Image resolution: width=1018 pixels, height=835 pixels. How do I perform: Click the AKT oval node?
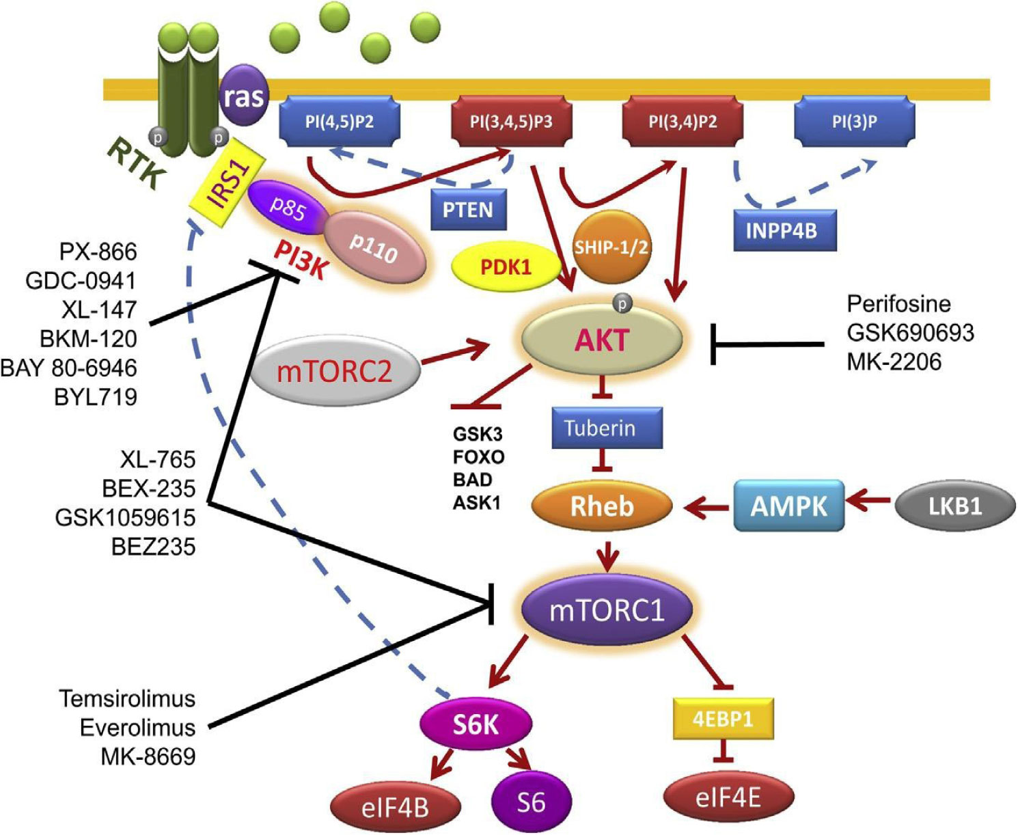click(x=602, y=340)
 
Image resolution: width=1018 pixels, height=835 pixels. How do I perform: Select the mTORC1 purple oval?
click(x=607, y=609)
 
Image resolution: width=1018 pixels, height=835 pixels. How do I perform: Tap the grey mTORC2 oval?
click(x=335, y=370)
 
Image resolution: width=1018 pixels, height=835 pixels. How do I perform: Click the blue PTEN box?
click(x=468, y=210)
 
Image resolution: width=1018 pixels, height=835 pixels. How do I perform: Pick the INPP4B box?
click(x=785, y=230)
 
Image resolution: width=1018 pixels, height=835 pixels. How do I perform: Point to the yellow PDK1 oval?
click(x=506, y=266)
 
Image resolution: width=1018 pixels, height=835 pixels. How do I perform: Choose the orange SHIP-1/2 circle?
click(x=610, y=247)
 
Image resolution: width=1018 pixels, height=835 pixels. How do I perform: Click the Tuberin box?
click(x=600, y=428)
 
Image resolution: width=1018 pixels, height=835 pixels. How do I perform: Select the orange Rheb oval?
click(x=602, y=506)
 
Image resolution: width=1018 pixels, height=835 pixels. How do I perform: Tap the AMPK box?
click(x=788, y=506)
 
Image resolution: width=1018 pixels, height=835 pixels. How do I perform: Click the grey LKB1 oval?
click(x=954, y=506)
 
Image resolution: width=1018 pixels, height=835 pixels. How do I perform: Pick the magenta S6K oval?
click(x=476, y=724)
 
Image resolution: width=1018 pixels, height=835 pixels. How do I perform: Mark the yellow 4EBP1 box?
click(x=723, y=719)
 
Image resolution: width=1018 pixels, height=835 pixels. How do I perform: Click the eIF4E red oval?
click(x=728, y=797)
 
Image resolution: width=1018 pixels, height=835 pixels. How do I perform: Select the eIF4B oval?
click(x=395, y=807)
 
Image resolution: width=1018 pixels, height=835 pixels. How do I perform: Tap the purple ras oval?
click(x=243, y=96)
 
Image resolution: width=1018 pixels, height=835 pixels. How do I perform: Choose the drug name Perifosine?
click(x=898, y=303)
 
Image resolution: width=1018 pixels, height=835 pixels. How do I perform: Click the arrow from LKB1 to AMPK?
click(x=869, y=502)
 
